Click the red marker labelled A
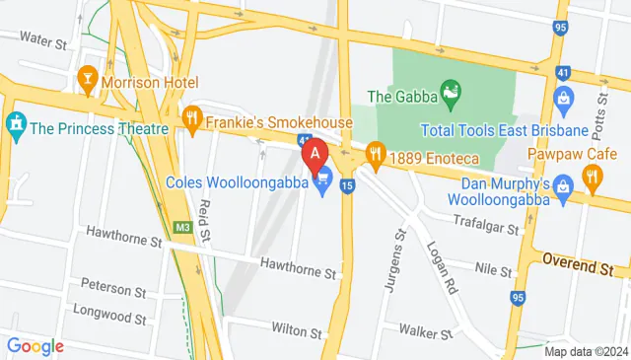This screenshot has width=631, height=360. tap(315, 154)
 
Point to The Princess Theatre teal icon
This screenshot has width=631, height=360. tap(15, 126)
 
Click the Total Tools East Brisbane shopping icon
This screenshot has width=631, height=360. tap(563, 98)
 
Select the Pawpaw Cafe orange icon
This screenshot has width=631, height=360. tap(592, 178)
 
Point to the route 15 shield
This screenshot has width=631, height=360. tap(347, 184)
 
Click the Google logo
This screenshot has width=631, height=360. tap(35, 346)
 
